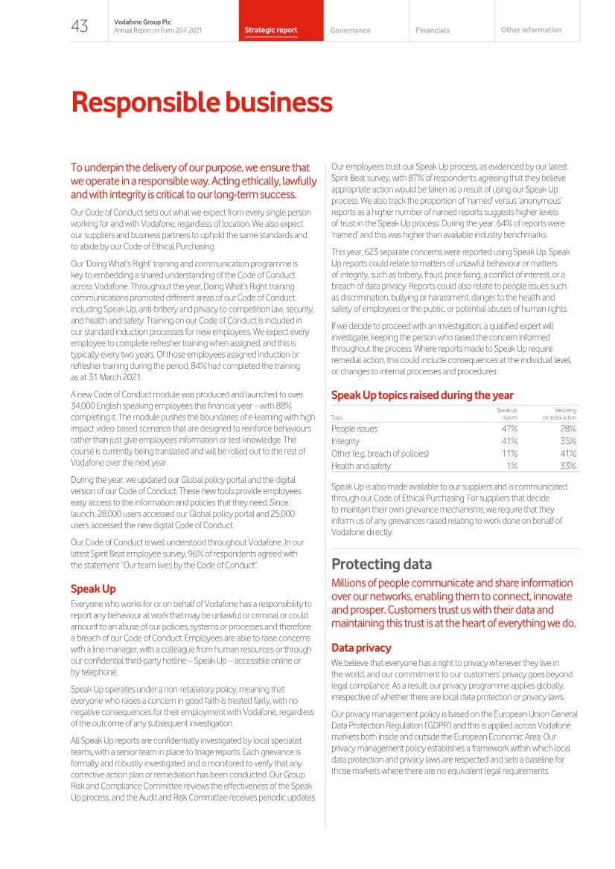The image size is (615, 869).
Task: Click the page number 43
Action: click(80, 27)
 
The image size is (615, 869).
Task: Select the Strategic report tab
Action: click(271, 31)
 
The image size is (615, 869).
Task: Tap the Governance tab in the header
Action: click(350, 31)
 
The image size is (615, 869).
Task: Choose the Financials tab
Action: click(433, 31)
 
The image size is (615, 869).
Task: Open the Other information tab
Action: click(531, 30)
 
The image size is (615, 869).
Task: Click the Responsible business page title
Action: click(202, 102)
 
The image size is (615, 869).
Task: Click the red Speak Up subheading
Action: click(93, 589)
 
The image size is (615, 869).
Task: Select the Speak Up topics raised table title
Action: click(422, 395)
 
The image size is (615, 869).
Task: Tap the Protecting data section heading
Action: click(381, 564)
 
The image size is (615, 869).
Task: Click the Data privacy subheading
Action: click(361, 648)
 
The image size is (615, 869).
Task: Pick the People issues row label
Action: click(354, 429)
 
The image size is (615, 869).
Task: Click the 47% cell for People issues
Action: click(510, 429)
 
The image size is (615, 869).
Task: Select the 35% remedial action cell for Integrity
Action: click(567, 441)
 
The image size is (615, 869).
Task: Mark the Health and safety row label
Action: click(361, 466)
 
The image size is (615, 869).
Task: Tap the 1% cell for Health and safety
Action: click(512, 466)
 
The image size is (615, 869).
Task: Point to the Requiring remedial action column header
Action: click(559, 414)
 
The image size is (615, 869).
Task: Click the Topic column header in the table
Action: click(337, 418)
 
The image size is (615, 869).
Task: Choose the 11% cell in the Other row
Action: click(510, 453)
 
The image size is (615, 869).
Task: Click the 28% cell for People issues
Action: click(567, 429)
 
